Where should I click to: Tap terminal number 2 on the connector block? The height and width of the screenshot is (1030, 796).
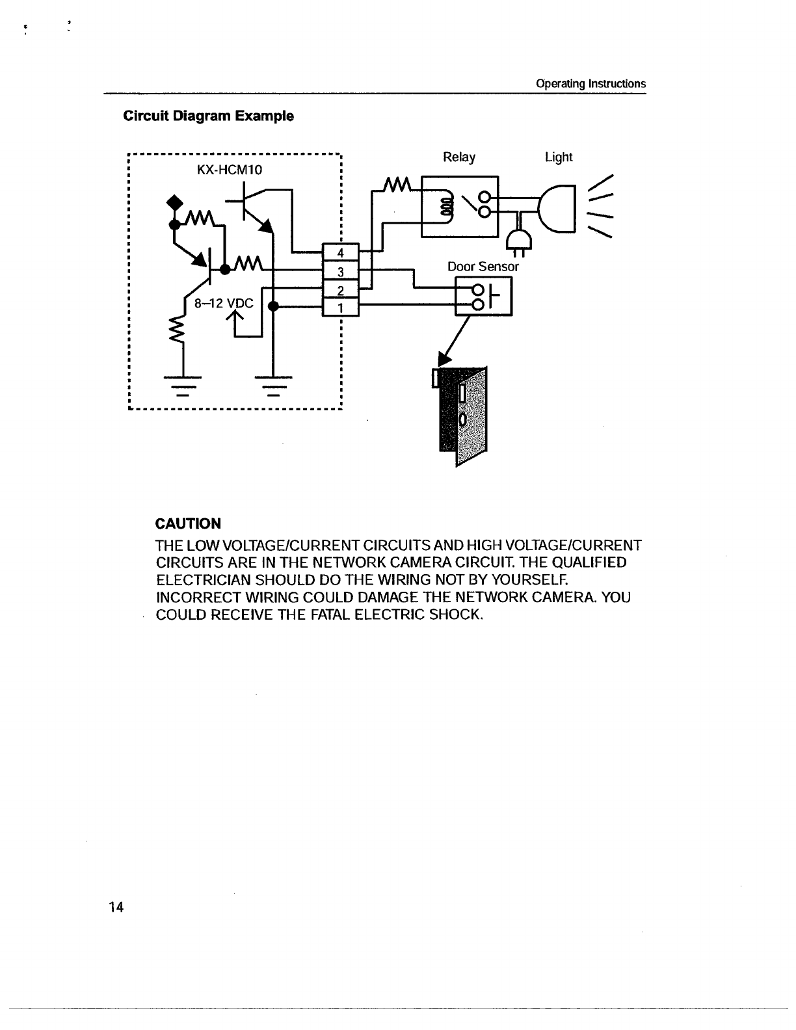(x=340, y=289)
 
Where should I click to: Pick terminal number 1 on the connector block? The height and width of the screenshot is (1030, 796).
(x=340, y=307)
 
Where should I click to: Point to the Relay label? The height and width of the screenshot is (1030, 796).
(x=458, y=157)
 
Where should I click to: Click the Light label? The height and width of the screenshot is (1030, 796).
(x=559, y=157)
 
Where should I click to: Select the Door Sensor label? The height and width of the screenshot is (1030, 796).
(x=483, y=267)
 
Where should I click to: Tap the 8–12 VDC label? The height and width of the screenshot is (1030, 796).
(x=224, y=303)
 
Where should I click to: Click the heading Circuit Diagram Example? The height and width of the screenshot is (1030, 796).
(x=208, y=116)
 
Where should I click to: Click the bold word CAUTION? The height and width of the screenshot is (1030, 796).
(x=189, y=523)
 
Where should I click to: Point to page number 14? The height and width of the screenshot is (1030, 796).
(x=116, y=907)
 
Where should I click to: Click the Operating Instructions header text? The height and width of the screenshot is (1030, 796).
(x=590, y=84)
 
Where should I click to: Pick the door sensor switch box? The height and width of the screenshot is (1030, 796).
(x=484, y=297)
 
